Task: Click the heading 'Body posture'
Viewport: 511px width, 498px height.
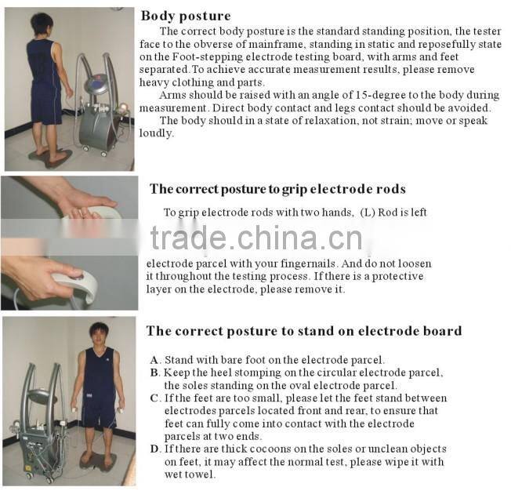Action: [x=185, y=16]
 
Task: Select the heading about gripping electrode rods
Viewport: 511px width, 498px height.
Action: [x=277, y=189]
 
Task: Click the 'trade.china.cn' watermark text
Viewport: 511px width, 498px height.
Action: [x=256, y=238]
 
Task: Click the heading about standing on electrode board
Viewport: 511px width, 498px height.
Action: [x=303, y=331]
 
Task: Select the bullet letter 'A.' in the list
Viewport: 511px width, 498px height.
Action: [x=155, y=360]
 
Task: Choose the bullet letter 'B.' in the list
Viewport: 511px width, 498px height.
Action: [x=155, y=373]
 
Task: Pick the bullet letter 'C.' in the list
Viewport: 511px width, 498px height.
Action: [x=155, y=398]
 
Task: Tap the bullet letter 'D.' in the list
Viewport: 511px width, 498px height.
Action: [x=155, y=449]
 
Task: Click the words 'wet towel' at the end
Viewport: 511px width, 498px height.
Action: [x=189, y=474]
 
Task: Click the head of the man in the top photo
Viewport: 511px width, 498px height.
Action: [x=42, y=24]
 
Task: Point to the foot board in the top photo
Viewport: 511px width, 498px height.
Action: [x=51, y=156]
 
